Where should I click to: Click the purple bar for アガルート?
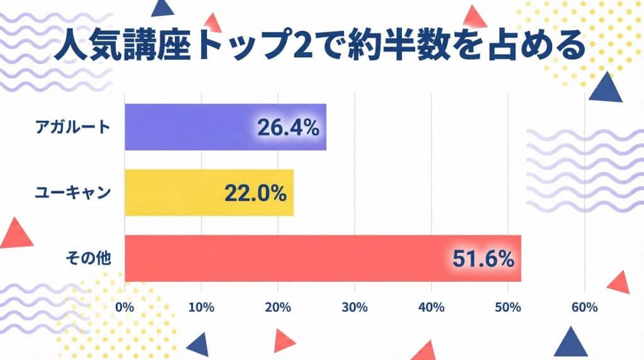coord(189,127)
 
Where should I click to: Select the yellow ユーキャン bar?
coord(176,193)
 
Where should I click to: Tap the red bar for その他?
coord(283,258)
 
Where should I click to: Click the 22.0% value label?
coord(255,193)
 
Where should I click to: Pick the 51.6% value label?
coord(483,259)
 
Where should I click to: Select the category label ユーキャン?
coord(73,193)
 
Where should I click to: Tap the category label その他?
coord(89,258)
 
